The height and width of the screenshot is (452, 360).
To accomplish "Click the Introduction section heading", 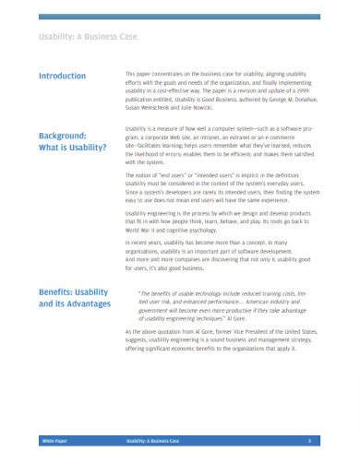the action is click(x=63, y=76).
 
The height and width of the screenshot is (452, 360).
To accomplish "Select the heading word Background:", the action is click(x=63, y=136).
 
